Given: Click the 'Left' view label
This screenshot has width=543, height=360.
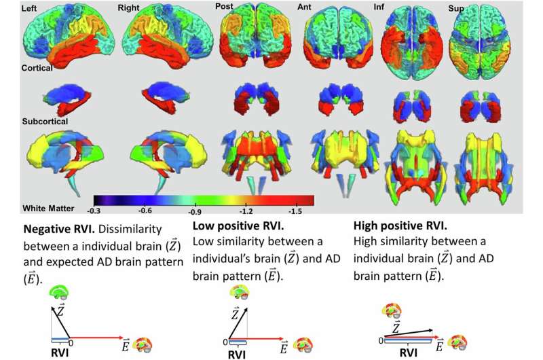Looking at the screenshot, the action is [x=29, y=8].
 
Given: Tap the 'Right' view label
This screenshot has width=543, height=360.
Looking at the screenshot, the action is [x=128, y=8].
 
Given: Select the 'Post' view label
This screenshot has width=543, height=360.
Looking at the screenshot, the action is [x=224, y=6].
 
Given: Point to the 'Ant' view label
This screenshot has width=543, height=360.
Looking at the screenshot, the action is [x=304, y=7].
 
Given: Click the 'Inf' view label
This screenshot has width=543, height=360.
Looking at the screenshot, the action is [x=379, y=7].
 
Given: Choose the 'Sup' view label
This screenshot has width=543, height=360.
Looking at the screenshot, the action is [x=456, y=8].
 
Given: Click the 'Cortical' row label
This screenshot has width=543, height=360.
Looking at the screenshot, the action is [x=37, y=67].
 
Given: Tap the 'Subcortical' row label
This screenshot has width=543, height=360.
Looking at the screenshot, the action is [x=45, y=122].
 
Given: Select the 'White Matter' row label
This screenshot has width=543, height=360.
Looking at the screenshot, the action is [x=48, y=209].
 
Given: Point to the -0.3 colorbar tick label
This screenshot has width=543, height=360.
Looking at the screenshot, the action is [x=93, y=211].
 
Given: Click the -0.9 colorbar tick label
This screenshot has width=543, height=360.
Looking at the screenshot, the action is [x=195, y=211].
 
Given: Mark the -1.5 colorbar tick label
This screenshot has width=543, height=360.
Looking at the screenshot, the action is [x=295, y=211].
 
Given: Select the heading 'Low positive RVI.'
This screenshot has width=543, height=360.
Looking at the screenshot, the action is [x=238, y=226].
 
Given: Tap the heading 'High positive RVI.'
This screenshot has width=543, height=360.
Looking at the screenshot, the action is [x=400, y=226].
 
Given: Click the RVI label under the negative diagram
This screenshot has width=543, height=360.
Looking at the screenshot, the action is [x=60, y=353].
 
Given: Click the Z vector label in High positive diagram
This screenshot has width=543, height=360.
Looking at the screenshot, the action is [x=395, y=327].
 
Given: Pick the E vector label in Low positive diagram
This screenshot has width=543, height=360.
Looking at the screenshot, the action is [x=284, y=347].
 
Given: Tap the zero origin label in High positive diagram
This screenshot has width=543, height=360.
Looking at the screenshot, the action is [x=381, y=340].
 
